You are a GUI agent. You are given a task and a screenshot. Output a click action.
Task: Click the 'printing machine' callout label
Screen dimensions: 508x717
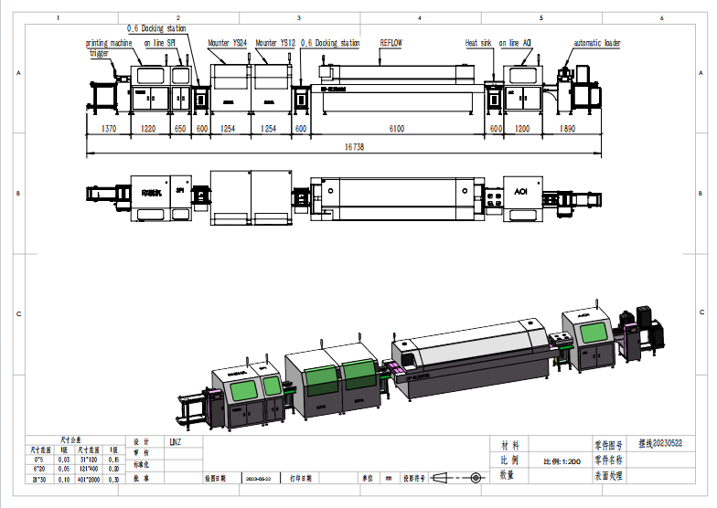[109, 43]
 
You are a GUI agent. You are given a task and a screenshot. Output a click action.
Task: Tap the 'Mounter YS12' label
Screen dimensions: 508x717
[275, 43]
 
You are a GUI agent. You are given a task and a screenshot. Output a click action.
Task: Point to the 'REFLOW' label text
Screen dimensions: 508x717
[391, 43]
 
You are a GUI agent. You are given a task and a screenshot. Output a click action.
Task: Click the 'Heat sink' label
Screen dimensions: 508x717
[478, 43]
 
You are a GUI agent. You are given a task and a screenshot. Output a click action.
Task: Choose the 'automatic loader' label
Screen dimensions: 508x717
[596, 43]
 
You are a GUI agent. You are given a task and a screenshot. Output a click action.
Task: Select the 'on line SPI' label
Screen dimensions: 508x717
[159, 43]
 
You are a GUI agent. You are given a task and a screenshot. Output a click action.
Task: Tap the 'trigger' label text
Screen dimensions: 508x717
[98, 53]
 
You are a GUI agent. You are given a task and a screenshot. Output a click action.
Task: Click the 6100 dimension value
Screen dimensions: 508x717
[396, 129]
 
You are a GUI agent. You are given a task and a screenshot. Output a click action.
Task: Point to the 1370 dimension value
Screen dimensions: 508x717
[109, 129]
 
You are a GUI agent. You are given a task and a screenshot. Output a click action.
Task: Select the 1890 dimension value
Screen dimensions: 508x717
[567, 129]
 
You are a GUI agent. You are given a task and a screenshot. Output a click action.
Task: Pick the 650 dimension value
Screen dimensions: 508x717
[180, 129]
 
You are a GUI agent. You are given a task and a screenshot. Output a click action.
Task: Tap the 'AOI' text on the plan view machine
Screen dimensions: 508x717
[520, 194]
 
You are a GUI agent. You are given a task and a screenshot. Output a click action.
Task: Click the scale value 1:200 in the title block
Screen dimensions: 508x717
[562, 460]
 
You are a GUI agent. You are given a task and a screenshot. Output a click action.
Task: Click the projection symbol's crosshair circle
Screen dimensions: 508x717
[476, 478]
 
